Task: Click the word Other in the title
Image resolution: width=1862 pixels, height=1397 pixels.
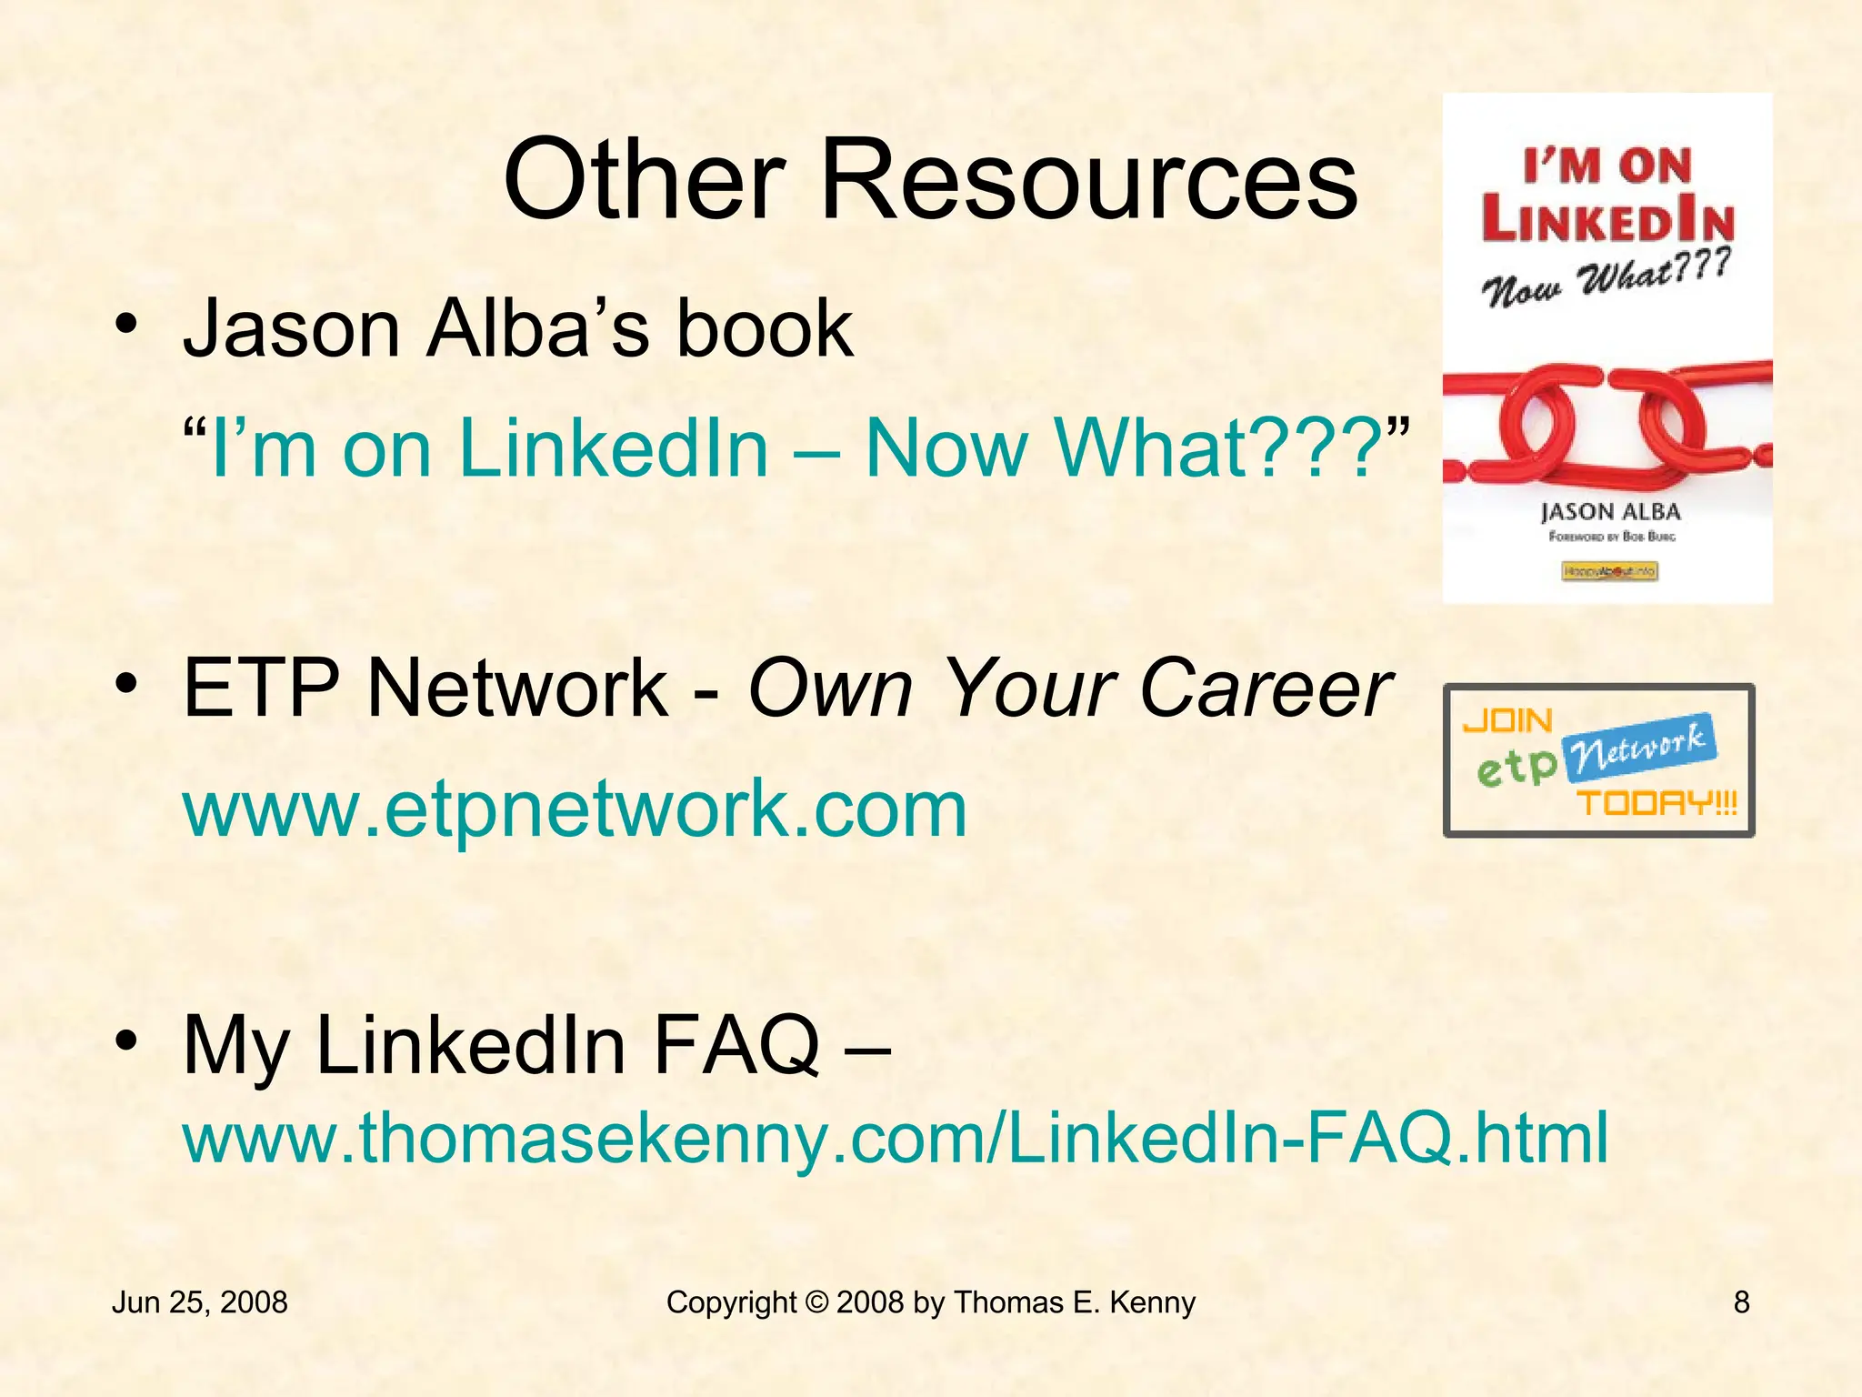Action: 645,179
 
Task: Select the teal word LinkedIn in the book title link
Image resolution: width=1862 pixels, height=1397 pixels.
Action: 615,447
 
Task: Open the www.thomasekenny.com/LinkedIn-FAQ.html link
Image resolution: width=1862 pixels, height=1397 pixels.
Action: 896,1137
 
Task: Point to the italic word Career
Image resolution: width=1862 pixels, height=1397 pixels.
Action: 1265,688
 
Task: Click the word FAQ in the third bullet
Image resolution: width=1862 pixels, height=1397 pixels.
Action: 736,1046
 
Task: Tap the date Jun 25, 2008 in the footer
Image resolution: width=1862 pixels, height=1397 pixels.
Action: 199,1302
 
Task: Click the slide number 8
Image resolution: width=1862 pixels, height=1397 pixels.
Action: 1741,1302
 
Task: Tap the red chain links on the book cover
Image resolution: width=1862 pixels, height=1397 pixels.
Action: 1607,420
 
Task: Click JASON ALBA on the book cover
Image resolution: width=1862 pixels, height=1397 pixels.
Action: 1610,512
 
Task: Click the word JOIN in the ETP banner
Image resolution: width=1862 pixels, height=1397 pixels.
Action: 1507,721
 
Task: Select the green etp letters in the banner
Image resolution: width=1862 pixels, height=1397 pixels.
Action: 1517,769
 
